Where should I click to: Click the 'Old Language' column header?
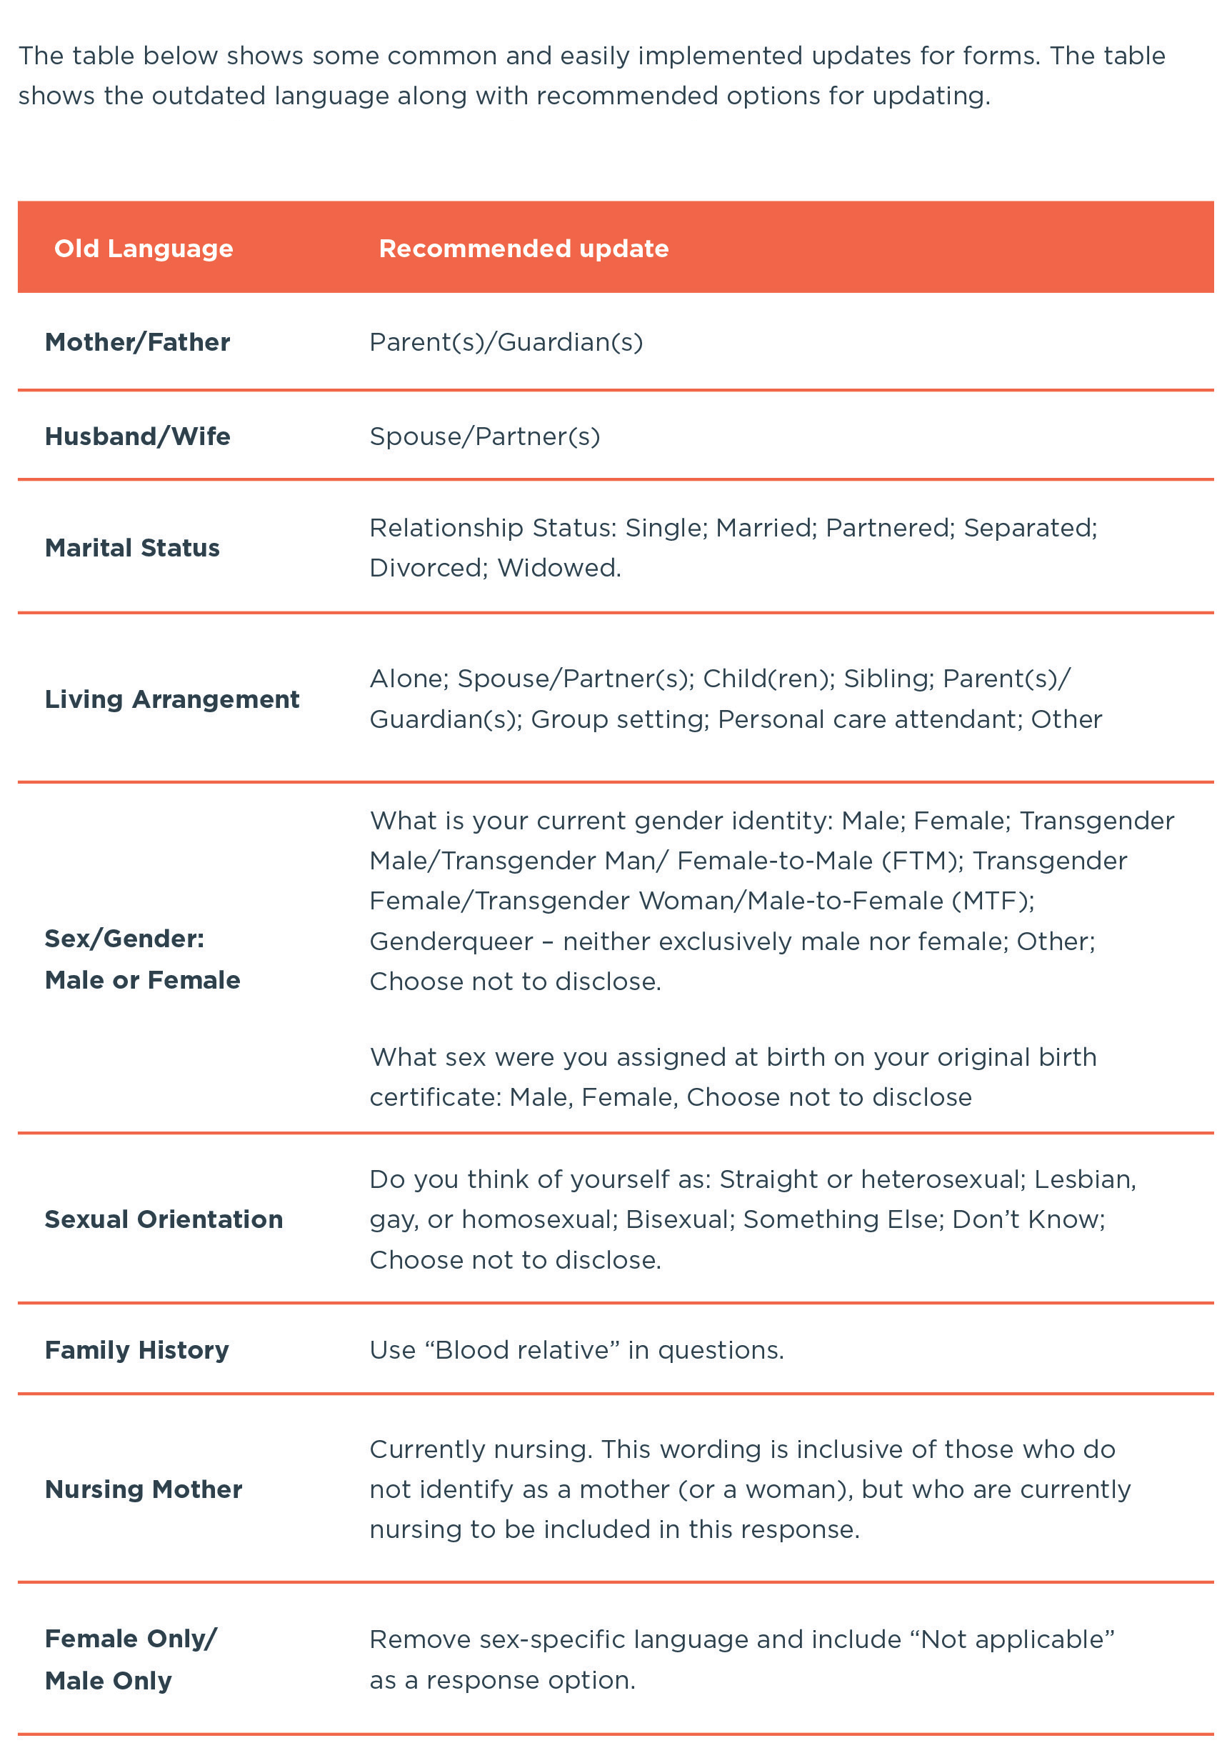tap(143, 249)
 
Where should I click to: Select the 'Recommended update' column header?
tap(523, 249)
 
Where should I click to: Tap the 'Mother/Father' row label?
tap(137, 342)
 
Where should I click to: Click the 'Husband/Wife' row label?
tap(137, 436)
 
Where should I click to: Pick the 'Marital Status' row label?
tap(131, 548)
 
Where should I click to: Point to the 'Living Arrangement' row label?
tap(171, 699)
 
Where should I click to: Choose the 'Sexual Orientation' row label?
tap(163, 1219)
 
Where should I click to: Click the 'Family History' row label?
tap(136, 1350)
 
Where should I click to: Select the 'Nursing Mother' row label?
tap(143, 1489)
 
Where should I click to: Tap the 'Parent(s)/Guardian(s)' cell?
tap(506, 342)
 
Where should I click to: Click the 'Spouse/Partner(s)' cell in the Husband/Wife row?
tap(484, 436)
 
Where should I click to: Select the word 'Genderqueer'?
tap(451, 941)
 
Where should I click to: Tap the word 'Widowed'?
tap(559, 568)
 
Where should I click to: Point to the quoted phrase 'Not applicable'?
tap(1017, 1639)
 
